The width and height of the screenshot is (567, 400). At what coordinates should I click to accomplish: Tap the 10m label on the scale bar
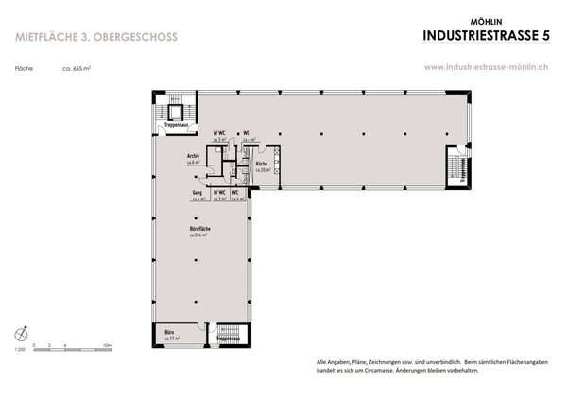point(108,344)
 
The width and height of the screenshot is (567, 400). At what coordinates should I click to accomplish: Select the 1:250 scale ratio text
point(22,351)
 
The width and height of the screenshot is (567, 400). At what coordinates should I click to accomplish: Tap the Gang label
point(198,193)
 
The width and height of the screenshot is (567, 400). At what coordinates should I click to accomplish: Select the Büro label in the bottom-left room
point(169,332)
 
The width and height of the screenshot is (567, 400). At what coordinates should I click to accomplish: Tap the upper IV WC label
point(219,133)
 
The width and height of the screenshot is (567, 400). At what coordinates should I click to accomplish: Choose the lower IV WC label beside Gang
point(219,193)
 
